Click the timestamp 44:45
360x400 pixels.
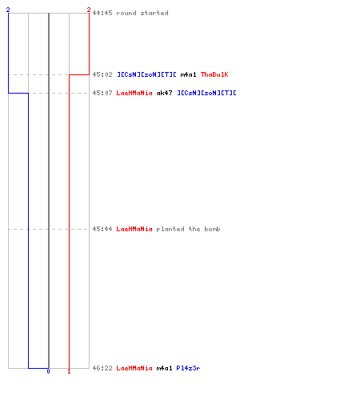click(102, 13)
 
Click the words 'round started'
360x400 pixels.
click(142, 13)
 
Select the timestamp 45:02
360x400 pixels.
click(102, 74)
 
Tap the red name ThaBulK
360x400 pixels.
click(214, 74)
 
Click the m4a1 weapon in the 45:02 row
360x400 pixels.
click(188, 74)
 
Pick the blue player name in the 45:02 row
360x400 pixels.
click(146, 74)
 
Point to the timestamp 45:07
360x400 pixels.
click(102, 93)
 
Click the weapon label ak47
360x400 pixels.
click(164, 93)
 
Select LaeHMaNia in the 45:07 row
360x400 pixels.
click(134, 93)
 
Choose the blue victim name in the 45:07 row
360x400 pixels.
click(206, 93)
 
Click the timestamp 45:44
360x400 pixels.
click(102, 229)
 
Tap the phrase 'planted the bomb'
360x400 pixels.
click(188, 229)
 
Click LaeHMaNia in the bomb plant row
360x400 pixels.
click(134, 229)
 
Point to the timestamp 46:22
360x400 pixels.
click(102, 368)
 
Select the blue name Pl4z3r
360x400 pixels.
click(188, 368)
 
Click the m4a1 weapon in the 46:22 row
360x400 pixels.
click(164, 368)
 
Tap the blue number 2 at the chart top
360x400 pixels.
click(8, 10)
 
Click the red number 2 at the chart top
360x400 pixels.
click(89, 10)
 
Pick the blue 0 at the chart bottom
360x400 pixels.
click(48, 371)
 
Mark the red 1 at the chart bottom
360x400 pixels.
click(69, 371)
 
